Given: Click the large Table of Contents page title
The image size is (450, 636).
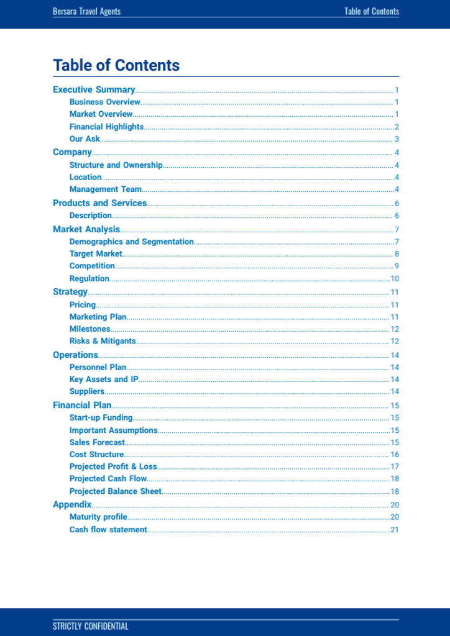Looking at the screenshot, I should coord(116,65).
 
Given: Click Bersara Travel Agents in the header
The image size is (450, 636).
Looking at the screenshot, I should coord(86,11).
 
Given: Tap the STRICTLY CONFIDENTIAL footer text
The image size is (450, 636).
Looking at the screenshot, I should coord(90,626).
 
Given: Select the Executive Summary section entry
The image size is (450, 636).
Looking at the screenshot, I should coord(94,89).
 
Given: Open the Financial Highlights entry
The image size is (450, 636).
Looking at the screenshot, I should coord(106,127).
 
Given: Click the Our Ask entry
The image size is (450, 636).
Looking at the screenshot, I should coord(85,139).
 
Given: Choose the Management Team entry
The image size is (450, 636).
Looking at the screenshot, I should coord(106,189).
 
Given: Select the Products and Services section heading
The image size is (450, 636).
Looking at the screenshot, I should coord(99,203).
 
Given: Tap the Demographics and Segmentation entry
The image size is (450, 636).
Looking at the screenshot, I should coord(131,242).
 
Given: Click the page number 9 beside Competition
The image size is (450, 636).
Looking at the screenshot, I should coord(397,266).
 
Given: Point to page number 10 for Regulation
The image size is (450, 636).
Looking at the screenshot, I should coord(395,279).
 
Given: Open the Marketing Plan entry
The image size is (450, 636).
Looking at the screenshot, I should coord(98,317).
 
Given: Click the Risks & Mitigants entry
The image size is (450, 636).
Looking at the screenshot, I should coord(103,341).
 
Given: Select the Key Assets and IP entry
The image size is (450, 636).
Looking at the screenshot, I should coord(104,379).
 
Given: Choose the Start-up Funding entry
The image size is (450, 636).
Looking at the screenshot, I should coord(101,418).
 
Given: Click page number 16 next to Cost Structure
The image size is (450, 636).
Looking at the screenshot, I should coord(395,455).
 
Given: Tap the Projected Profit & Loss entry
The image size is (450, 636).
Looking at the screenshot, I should coord(113,466).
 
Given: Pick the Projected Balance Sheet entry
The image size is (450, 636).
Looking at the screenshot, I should coord(115,491).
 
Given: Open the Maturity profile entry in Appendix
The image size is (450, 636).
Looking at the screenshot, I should coord(98,517).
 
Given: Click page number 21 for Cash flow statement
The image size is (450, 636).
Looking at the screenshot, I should coord(395,530).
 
